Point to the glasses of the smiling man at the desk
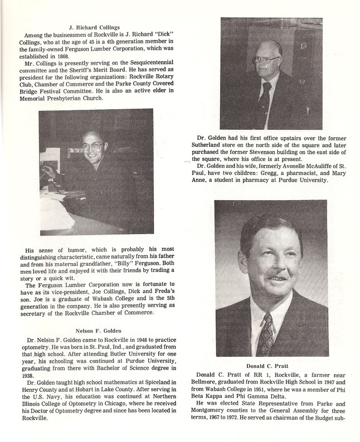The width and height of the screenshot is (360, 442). point(92,146)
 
